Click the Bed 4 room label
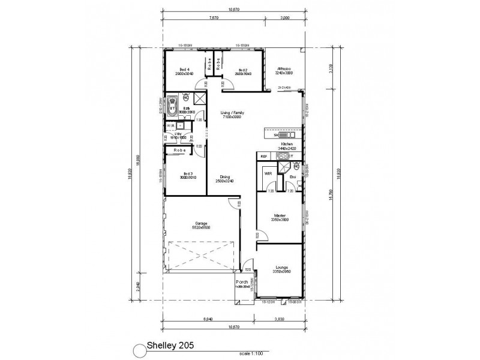coord(184,70)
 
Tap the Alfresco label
coord(284,70)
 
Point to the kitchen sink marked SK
coord(268,136)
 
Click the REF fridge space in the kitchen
coord(264,157)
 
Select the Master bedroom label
coord(280,215)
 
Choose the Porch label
coord(242,282)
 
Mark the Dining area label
coord(225,177)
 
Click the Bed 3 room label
coord(185,174)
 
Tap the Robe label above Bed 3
coord(179,150)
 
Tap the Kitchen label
coord(286,145)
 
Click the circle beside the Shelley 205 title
coord(140,348)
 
